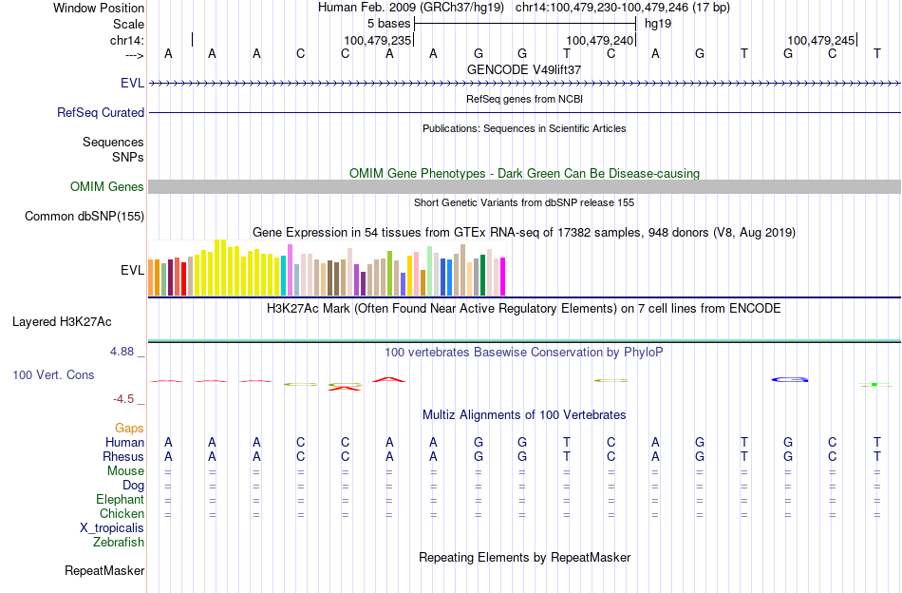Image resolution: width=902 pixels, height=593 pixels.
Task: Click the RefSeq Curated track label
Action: (101, 112)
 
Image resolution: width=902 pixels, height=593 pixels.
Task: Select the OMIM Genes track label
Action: (107, 187)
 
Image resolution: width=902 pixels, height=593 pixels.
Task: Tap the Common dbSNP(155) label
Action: (85, 217)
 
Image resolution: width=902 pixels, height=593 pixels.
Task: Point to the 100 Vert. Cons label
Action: (53, 375)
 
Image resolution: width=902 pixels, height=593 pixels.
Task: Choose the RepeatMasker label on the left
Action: (104, 571)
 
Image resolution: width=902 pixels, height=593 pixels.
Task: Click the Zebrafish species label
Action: (119, 543)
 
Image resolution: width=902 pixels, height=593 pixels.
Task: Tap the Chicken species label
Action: (122, 514)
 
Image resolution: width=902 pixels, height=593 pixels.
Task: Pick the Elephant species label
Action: (120, 500)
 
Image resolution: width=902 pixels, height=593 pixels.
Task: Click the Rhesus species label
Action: (122, 457)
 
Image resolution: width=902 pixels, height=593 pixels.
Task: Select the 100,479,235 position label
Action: (377, 41)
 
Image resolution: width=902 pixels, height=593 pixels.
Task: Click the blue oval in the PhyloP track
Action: (790, 380)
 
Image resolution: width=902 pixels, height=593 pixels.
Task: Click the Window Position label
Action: (99, 8)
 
